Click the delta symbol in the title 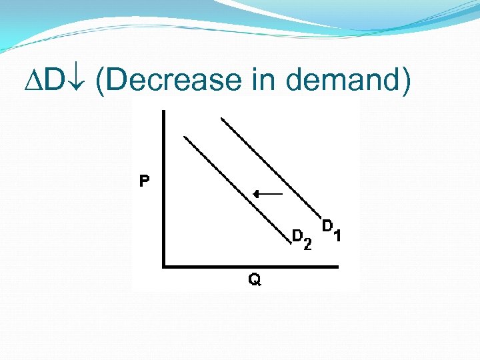tap(34, 81)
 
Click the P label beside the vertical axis tap(144, 181)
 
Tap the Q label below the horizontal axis tap(255, 280)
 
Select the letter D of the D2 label tap(298, 235)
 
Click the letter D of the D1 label tap(327, 226)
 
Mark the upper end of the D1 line tap(222, 119)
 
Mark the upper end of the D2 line tap(185, 137)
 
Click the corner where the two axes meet tap(164, 267)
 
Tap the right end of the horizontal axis tap(338, 267)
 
